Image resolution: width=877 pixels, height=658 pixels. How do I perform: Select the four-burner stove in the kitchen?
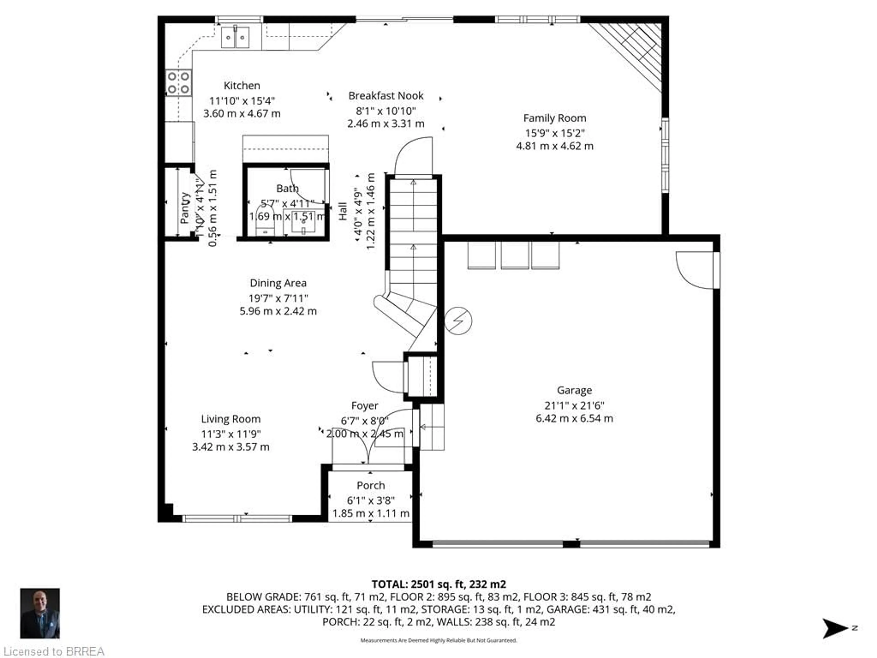[178, 82]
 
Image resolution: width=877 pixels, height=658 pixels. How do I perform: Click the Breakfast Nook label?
[386, 96]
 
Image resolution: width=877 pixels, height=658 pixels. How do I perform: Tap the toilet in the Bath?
[265, 220]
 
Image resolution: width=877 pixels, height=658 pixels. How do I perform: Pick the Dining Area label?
[278, 283]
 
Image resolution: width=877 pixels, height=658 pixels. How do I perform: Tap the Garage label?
[574, 390]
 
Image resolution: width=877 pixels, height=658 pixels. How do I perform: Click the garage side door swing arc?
[694, 272]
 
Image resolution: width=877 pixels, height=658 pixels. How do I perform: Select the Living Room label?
[231, 419]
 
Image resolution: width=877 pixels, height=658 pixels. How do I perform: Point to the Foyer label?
[364, 406]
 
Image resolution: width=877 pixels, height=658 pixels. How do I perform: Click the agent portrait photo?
[40, 613]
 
